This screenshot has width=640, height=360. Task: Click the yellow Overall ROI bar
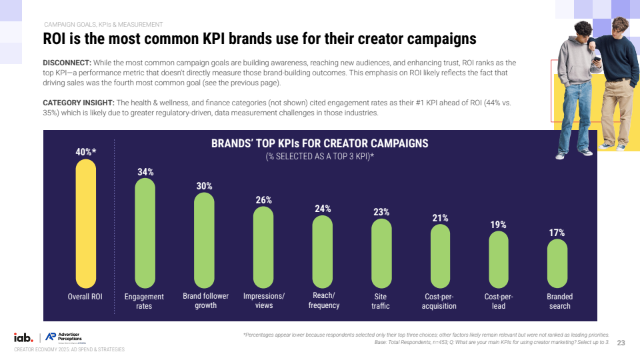(85, 223)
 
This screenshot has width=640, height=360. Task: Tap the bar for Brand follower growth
(204, 240)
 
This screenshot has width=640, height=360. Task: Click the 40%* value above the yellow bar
(85, 152)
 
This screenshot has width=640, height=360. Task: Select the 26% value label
(263, 199)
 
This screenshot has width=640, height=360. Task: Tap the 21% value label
(440, 218)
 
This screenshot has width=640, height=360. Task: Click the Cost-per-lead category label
(499, 301)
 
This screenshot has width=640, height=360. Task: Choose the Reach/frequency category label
(323, 301)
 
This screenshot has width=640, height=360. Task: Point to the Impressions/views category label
(264, 301)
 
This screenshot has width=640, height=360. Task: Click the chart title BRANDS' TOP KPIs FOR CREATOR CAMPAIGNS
(319, 143)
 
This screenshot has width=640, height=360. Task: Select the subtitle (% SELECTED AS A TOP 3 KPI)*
(319, 157)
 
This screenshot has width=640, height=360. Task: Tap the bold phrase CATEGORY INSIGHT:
(79, 103)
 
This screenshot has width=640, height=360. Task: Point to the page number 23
(621, 343)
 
